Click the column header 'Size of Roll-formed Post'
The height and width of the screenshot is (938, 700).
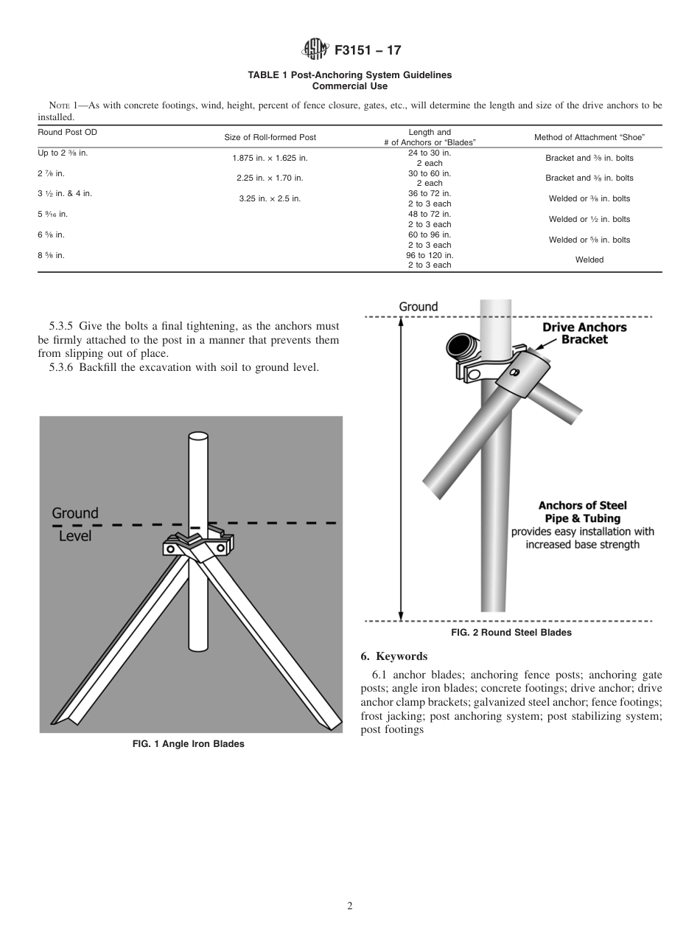pyautogui.click(x=270, y=138)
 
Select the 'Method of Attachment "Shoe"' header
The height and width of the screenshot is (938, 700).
pyautogui.click(x=589, y=138)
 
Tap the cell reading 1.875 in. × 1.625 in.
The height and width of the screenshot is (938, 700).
pyautogui.click(x=270, y=158)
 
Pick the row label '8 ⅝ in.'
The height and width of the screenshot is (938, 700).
pyautogui.click(x=51, y=255)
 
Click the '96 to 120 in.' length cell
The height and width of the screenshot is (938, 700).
pyautogui.click(x=430, y=255)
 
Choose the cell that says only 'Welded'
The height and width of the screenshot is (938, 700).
pyautogui.click(x=589, y=260)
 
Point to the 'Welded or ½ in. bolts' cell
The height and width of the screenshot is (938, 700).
pyautogui.click(x=589, y=219)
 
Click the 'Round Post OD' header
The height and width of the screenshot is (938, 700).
pyautogui.click(x=67, y=133)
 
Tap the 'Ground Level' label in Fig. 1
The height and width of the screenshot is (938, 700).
pyautogui.click(x=74, y=524)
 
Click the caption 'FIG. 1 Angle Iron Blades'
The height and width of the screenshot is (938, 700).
pyautogui.click(x=188, y=744)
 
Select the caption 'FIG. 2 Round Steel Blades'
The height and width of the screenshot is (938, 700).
pyautogui.click(x=511, y=632)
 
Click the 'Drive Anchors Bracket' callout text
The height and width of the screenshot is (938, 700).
pyautogui.click(x=584, y=333)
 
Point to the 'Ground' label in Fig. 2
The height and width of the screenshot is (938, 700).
pyautogui.click(x=419, y=307)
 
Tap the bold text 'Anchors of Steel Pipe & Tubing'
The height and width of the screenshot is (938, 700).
pyautogui.click(x=582, y=512)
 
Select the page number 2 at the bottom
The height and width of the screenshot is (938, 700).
pyautogui.click(x=350, y=906)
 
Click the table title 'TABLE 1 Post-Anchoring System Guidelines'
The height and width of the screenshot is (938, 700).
pyautogui.click(x=349, y=75)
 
